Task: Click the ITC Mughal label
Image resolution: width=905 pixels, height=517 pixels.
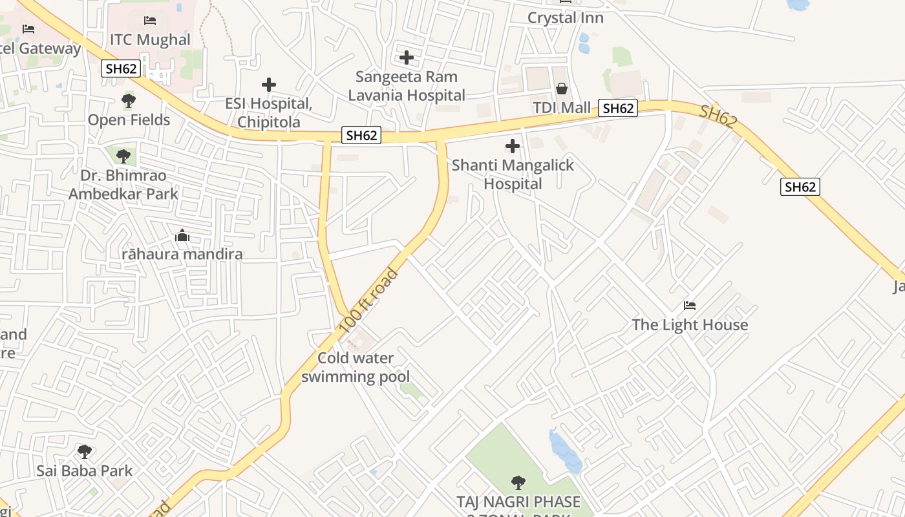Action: point(150,40)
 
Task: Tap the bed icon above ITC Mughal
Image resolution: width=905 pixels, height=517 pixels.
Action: point(150,21)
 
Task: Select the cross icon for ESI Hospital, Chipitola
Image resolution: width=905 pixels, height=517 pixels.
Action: point(268,85)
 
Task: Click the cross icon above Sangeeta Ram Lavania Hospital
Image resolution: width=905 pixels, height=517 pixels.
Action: point(407,58)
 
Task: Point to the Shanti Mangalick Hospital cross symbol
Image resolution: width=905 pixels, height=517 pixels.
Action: point(513,147)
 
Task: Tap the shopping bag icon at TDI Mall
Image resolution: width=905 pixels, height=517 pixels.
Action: point(562,89)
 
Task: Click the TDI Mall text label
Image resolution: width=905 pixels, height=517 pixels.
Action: point(562,107)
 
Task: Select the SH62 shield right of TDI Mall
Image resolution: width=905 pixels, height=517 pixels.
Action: point(617,109)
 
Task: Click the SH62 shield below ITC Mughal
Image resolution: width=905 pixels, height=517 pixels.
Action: point(121,69)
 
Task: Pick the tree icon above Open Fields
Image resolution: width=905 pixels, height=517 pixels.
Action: point(129,101)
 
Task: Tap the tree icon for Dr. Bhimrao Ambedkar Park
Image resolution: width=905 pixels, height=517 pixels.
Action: point(123,156)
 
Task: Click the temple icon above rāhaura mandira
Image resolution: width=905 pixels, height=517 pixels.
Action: point(182,235)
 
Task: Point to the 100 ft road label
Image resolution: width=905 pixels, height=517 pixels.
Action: point(369,301)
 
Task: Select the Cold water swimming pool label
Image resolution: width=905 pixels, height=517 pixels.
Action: point(356,367)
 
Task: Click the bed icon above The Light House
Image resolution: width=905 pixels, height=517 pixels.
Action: point(690,306)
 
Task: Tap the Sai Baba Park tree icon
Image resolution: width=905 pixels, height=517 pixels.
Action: point(84,451)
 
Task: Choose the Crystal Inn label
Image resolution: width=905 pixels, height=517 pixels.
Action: point(566,18)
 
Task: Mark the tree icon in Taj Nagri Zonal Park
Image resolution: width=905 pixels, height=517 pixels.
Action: point(518,482)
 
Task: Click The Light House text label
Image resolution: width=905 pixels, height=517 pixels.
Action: point(690,325)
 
